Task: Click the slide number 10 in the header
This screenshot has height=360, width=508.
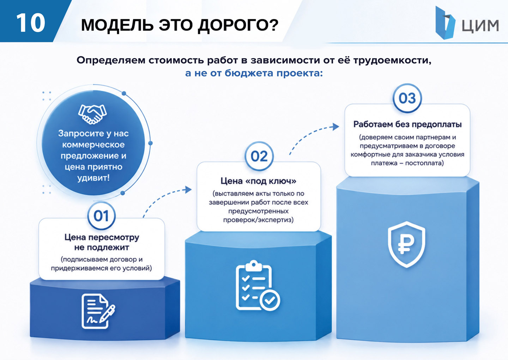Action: tap(31, 23)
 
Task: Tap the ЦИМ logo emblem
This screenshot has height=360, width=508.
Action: tap(445, 23)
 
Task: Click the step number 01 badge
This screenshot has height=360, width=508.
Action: tap(101, 216)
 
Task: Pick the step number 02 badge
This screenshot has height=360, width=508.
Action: tap(259, 156)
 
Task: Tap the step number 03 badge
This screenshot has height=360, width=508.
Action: tap(407, 98)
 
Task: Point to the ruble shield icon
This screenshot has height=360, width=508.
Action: tap(406, 244)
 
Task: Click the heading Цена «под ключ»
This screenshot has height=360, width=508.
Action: tap(259, 181)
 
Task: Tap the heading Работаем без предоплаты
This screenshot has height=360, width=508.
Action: tap(407, 124)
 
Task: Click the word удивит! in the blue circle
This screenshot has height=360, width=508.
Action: tap(93, 178)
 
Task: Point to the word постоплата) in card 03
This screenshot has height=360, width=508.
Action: tap(424, 163)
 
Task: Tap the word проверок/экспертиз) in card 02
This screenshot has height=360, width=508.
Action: tap(258, 220)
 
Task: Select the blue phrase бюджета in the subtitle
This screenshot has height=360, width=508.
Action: tap(249, 73)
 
